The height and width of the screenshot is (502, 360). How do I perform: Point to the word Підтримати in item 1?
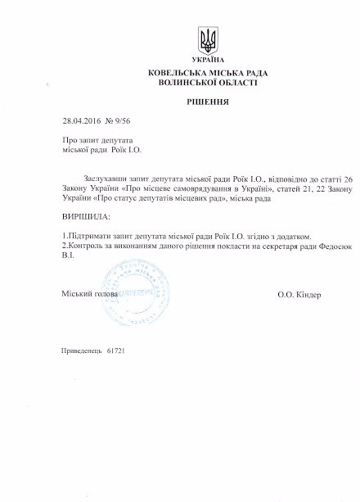[89, 235]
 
